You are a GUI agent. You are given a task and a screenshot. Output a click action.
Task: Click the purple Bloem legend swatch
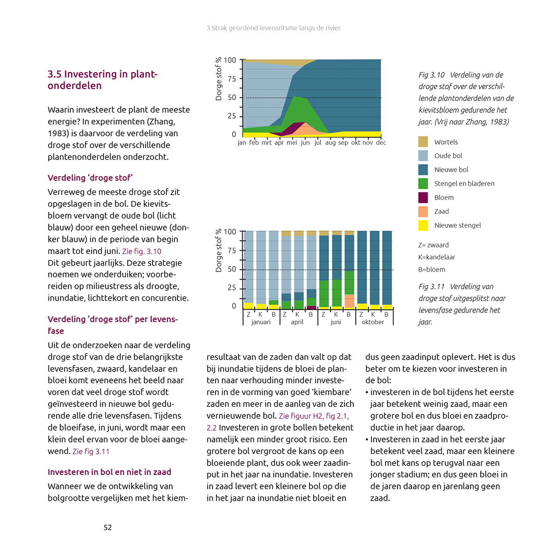click(x=423, y=197)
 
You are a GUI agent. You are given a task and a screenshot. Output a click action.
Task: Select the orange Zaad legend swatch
click(x=423, y=211)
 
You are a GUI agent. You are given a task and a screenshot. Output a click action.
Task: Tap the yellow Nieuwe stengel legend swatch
click(x=423, y=225)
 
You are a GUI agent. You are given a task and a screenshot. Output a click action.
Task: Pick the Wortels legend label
click(x=446, y=142)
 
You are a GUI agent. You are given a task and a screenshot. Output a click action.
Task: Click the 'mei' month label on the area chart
click(x=292, y=143)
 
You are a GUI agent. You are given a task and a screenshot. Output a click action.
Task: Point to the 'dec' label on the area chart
click(x=381, y=143)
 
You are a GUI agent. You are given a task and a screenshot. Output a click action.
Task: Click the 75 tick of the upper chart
click(x=232, y=79)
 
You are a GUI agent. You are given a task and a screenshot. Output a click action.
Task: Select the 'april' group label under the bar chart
click(x=297, y=322)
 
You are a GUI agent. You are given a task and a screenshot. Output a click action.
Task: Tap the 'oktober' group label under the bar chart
click(x=373, y=322)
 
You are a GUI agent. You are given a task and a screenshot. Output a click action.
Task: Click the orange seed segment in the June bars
click(x=349, y=301)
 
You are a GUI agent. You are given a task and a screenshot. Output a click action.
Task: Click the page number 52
click(x=108, y=527)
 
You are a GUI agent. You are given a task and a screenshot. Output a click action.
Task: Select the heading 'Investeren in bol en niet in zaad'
click(x=109, y=472)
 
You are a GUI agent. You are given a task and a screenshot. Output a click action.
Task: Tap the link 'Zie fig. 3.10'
click(x=141, y=251)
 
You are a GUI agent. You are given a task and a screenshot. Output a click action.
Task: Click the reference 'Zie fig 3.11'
click(x=91, y=451)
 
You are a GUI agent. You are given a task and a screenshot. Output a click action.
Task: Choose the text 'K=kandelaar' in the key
click(x=436, y=257)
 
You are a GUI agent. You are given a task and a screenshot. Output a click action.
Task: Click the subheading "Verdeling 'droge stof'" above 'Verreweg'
click(x=90, y=178)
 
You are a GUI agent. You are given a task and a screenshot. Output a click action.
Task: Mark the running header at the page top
click(x=273, y=28)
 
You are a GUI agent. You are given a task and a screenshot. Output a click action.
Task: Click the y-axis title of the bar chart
click(x=218, y=251)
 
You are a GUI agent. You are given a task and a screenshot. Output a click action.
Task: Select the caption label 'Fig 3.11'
click(x=431, y=287)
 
